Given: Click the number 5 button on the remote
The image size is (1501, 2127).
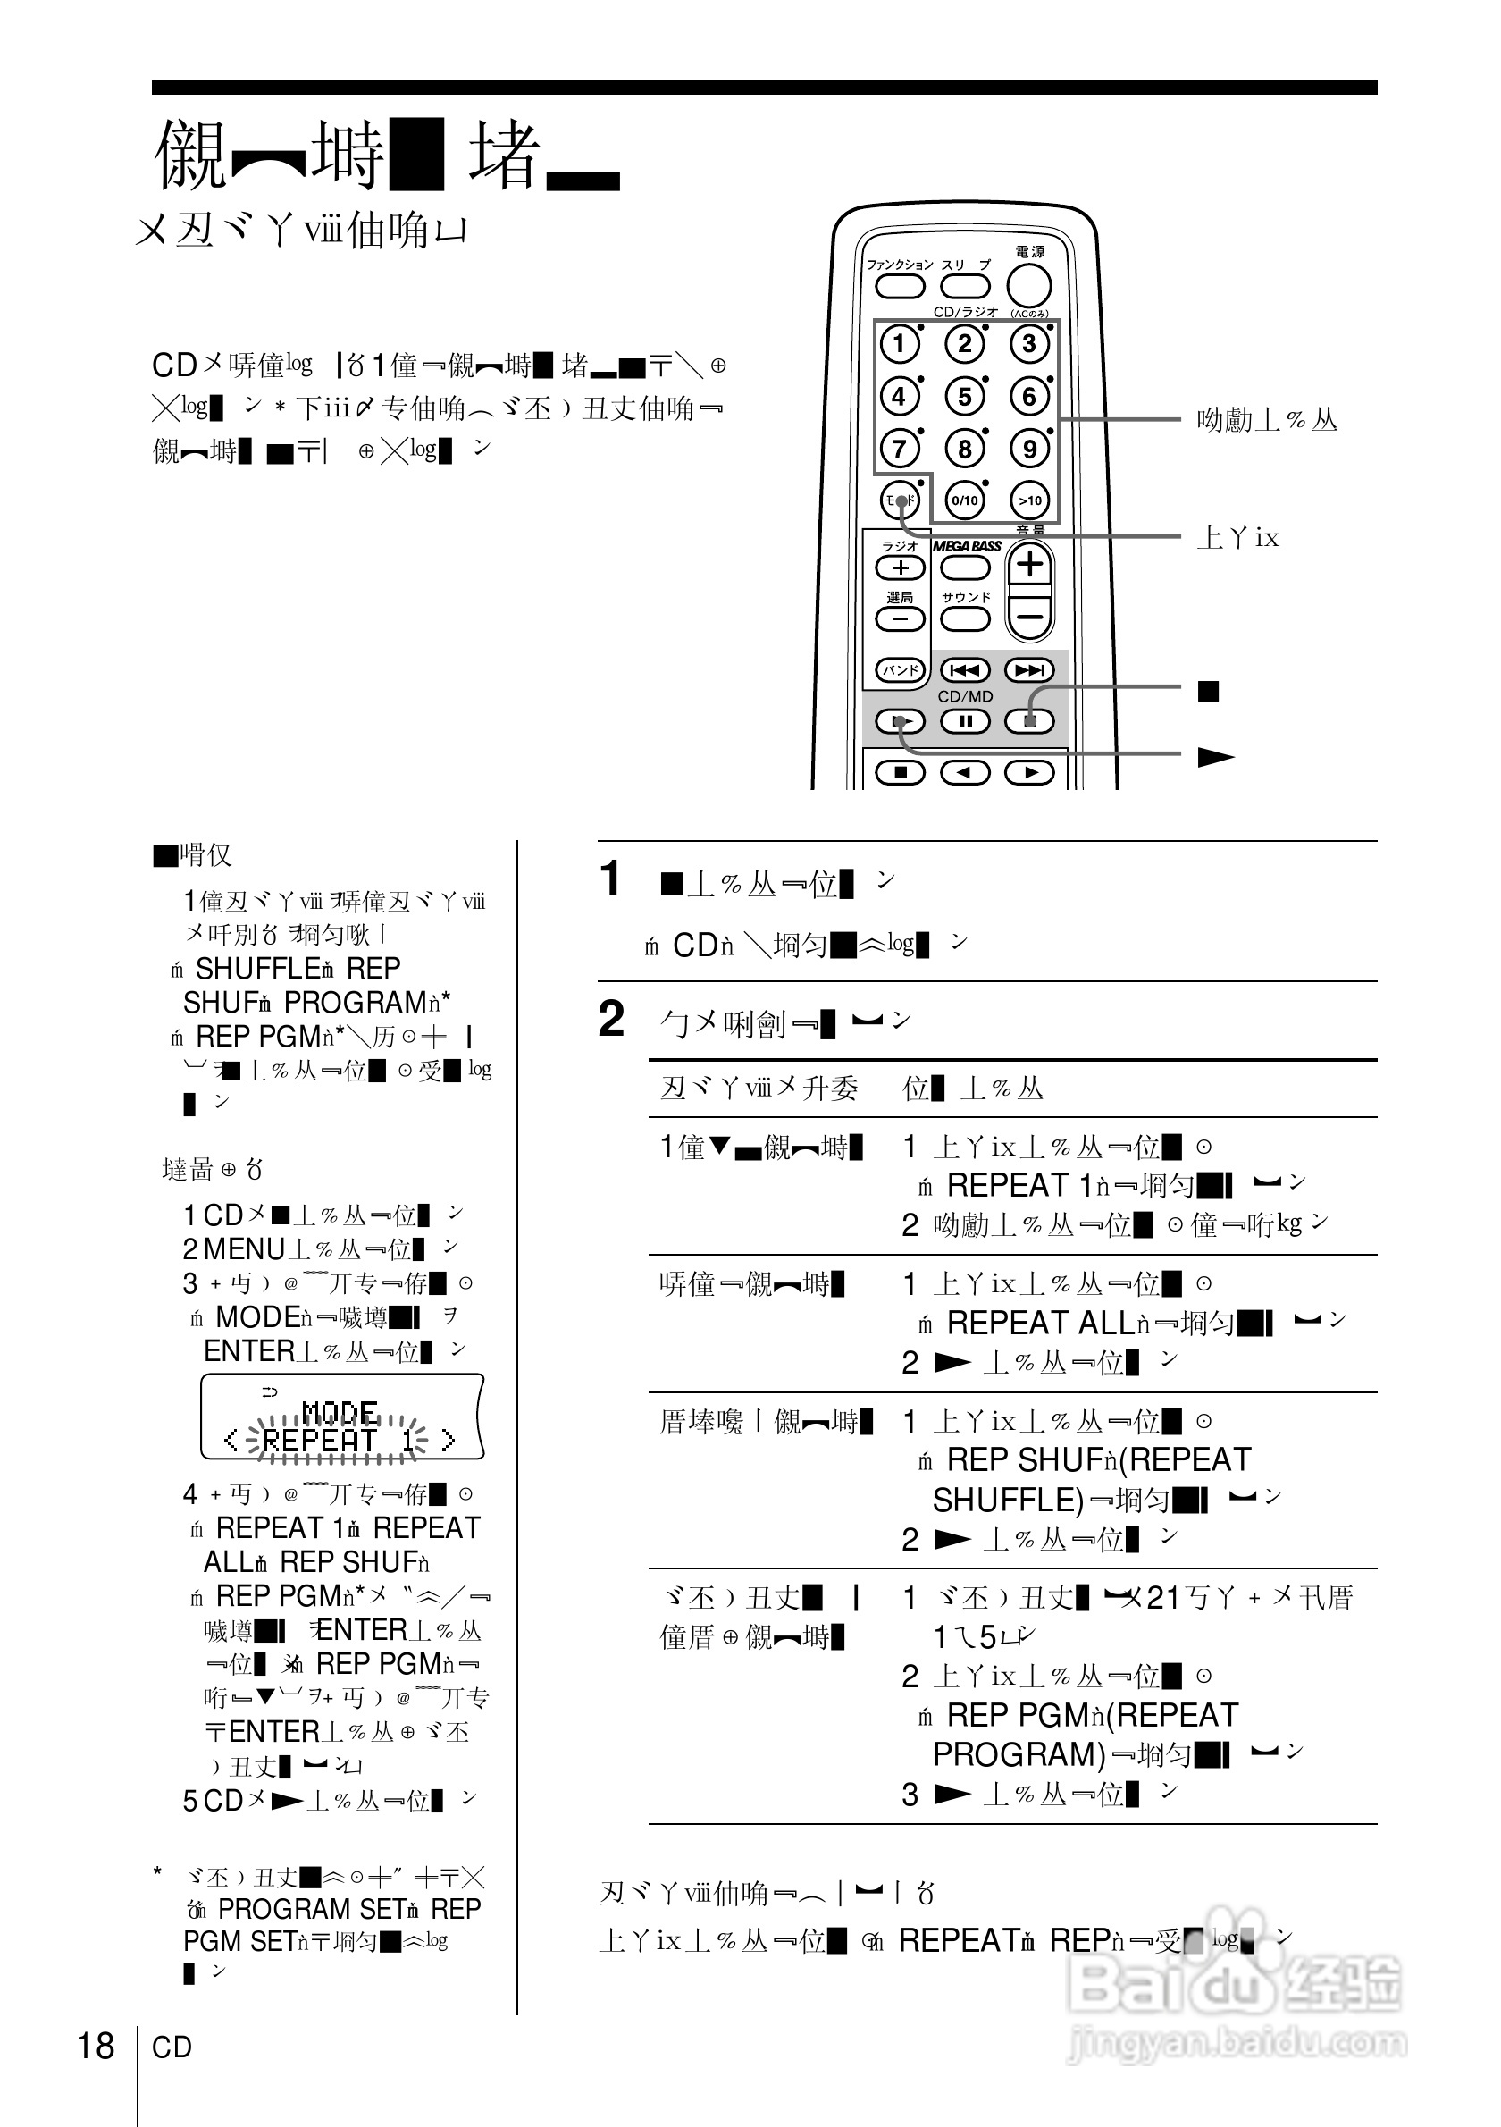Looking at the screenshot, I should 964,397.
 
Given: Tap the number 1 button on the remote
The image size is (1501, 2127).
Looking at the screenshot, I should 899,345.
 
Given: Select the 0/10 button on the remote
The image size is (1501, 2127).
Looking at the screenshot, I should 964,500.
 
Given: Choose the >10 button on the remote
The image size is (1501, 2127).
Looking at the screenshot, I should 1029,500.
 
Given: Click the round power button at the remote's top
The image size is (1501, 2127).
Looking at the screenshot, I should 1028,285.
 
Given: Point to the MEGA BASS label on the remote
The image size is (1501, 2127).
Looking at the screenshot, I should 966,547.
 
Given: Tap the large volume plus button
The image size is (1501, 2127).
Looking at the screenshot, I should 1029,564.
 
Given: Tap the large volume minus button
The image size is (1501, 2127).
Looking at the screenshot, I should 1029,615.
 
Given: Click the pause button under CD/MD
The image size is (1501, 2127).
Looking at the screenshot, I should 965,720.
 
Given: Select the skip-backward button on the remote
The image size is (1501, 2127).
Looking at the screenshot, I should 965,669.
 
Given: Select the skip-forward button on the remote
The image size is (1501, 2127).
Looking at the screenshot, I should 1029,669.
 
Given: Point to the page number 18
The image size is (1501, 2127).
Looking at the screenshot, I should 96,2047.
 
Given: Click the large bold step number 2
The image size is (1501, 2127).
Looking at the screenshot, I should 611,1020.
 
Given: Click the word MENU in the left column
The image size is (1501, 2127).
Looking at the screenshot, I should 244,1249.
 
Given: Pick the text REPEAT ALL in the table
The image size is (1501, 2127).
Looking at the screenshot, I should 1041,1323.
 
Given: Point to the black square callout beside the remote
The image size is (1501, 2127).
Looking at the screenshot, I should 1208,691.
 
